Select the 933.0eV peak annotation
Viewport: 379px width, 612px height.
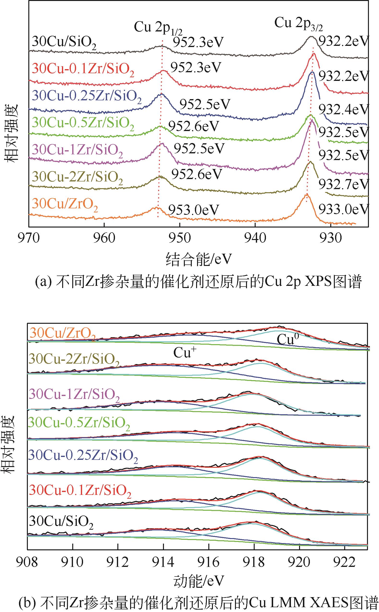point(344,209)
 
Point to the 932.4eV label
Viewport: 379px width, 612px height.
point(344,109)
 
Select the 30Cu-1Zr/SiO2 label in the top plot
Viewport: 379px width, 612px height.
point(78,150)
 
